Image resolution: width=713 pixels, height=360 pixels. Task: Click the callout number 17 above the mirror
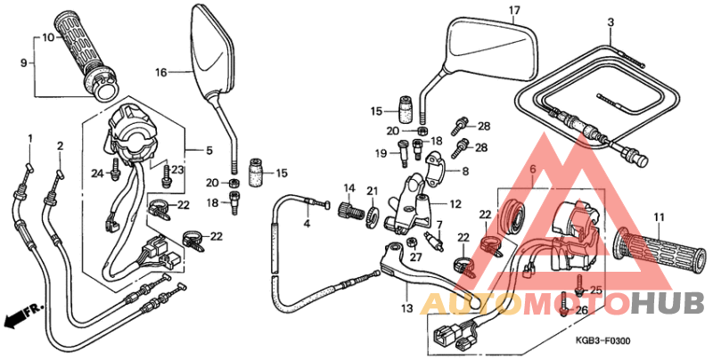pyautogui.click(x=513, y=11)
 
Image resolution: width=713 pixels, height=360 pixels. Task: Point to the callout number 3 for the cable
pyautogui.click(x=611, y=22)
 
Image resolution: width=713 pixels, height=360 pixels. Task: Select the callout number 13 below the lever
pyautogui.click(x=407, y=307)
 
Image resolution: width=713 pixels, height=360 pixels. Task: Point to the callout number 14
pyautogui.click(x=349, y=188)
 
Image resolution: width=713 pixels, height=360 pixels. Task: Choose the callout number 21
pyautogui.click(x=372, y=190)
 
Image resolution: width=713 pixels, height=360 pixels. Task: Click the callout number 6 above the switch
pyautogui.click(x=532, y=170)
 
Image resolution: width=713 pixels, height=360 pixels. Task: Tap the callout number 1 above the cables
pyautogui.click(x=29, y=138)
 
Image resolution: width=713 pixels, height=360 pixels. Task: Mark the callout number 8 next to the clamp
pyautogui.click(x=463, y=170)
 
